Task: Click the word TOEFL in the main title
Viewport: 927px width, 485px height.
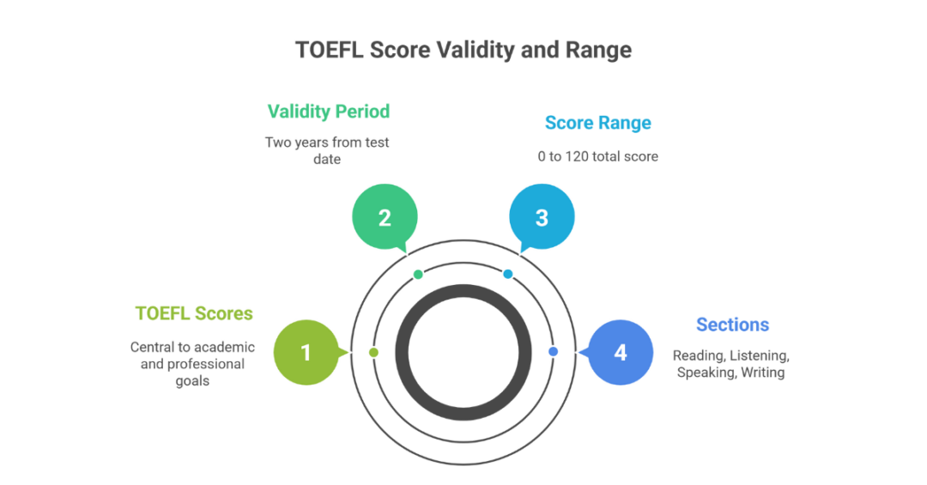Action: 330,50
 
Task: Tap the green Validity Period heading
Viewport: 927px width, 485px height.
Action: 328,112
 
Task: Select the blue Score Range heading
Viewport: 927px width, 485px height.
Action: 597,123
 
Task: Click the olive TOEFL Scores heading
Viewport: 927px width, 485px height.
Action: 194,313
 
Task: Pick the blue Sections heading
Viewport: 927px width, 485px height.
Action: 732,324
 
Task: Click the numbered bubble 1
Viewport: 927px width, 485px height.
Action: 306,353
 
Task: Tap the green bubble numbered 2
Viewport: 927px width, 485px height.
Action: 385,218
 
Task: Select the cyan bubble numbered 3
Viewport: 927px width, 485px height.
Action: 542,218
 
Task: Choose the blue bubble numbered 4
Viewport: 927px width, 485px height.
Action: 620,353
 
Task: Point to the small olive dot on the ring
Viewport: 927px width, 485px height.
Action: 373,353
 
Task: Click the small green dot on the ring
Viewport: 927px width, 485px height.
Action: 418,275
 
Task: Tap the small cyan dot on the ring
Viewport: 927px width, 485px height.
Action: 508,275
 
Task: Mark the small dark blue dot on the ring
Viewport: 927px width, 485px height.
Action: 553,352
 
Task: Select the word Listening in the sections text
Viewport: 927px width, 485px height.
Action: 760,355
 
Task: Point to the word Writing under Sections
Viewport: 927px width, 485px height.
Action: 764,373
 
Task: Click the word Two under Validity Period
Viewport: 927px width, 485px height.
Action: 278,142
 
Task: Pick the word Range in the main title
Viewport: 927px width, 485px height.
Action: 598,50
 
